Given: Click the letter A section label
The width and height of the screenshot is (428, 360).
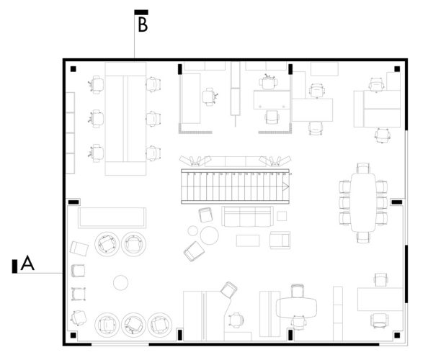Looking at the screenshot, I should (27, 264).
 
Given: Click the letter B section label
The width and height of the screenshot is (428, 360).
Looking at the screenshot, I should (143, 24).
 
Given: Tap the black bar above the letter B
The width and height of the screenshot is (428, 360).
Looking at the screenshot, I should (141, 12).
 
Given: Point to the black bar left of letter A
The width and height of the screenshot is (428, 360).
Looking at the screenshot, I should (14, 266).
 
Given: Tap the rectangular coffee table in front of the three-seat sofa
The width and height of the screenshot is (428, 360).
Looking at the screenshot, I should (247, 240).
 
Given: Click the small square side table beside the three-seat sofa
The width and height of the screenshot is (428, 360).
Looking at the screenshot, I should (282, 216).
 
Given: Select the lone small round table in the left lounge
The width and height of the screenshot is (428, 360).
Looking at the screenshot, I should (121, 282).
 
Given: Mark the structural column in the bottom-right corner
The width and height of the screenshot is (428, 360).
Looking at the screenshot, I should (396, 335).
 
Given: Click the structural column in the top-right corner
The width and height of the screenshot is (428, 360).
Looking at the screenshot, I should (396, 69).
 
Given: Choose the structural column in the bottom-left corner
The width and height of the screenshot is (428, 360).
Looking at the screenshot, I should (74, 335).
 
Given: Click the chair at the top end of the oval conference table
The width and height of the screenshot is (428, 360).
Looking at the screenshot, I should (363, 168).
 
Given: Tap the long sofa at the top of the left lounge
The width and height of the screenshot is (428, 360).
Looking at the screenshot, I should (112, 217).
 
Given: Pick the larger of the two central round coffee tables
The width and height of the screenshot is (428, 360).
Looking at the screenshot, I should (210, 235).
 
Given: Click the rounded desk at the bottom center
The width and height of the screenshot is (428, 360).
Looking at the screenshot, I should (298, 307).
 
